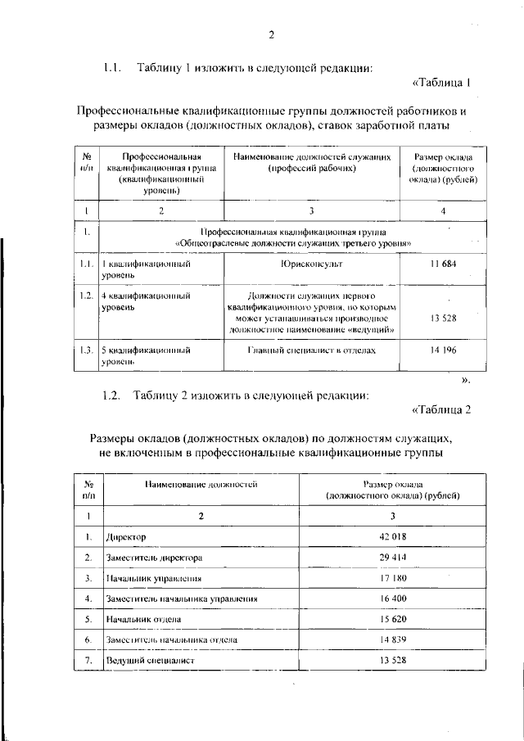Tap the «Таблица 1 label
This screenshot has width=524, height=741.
(x=441, y=82)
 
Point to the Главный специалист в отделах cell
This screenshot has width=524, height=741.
(x=311, y=350)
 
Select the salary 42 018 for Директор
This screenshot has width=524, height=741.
(x=392, y=536)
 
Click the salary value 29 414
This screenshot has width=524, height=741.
(x=392, y=557)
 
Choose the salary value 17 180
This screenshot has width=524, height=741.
(x=392, y=577)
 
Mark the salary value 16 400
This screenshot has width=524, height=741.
(x=392, y=599)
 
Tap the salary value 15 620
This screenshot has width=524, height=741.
(x=392, y=619)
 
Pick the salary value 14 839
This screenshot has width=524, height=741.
(x=392, y=639)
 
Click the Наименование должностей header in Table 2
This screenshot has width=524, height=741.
(x=201, y=485)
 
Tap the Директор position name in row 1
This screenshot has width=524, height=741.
(x=126, y=537)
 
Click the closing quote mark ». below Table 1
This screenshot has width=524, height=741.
(x=466, y=379)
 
